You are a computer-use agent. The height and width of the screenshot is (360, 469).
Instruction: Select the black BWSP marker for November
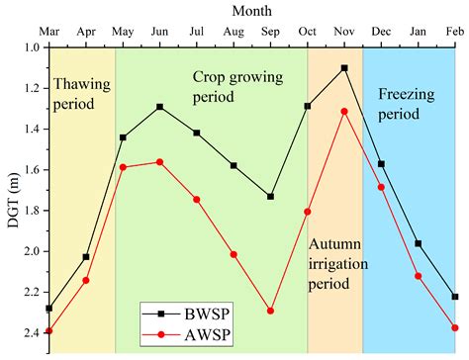coord(344,68)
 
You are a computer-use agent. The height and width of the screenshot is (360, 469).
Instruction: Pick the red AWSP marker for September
coord(270,311)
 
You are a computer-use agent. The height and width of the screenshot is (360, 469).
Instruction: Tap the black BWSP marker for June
coord(159,107)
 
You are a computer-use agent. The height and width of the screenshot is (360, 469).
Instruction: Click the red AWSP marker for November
coord(344,112)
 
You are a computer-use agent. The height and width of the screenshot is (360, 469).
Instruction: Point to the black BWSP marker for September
coord(270,197)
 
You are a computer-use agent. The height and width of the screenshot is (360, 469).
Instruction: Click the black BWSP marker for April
coord(86,257)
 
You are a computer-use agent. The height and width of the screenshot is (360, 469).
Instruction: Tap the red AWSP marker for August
coord(234,254)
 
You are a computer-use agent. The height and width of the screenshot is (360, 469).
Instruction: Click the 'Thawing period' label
coord(81,96)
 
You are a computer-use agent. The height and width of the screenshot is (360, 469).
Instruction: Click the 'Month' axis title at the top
coord(253,10)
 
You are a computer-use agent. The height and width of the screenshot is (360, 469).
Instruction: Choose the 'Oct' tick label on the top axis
coord(308,32)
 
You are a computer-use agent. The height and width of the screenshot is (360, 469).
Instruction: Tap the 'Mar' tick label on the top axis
coord(49,32)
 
